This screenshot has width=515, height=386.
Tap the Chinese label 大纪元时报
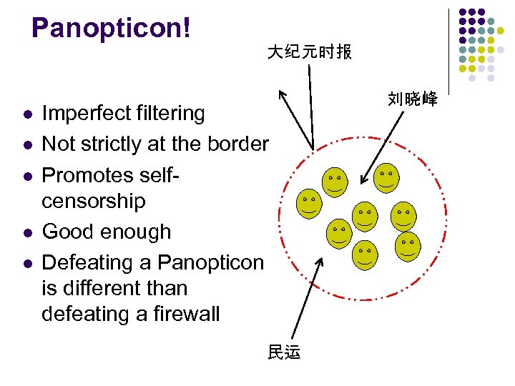309,52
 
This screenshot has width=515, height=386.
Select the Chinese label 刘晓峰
413,99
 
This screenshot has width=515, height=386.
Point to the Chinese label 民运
284,352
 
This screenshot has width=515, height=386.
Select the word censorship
94,201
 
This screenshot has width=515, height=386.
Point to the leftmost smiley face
309,204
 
